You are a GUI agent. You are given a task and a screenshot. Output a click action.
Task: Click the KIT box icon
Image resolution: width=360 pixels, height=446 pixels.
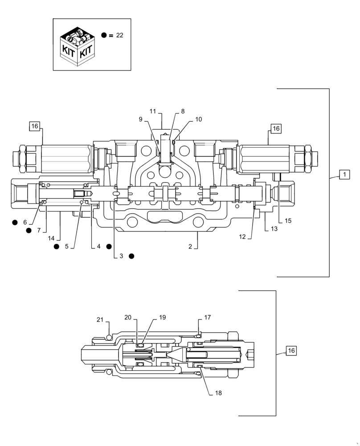point(78,45)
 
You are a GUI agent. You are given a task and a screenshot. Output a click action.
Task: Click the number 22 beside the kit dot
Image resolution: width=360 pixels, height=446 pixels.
point(119,35)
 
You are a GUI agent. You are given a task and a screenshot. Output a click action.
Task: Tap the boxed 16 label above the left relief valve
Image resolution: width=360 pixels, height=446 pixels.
point(35,127)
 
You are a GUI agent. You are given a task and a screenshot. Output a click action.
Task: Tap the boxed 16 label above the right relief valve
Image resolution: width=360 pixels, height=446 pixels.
point(276,128)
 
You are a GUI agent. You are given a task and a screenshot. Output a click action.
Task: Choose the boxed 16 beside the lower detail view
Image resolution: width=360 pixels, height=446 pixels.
point(291,351)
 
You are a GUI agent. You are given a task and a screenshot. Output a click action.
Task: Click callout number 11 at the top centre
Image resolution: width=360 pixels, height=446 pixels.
point(153,111)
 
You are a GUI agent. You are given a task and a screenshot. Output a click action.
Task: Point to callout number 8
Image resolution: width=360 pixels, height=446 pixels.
point(182,111)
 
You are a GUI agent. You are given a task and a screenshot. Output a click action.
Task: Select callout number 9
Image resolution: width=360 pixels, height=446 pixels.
point(140,119)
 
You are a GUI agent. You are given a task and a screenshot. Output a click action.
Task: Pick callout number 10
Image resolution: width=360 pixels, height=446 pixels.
point(198,119)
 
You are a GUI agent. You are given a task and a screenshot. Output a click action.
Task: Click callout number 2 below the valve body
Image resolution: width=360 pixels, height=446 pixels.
point(190,246)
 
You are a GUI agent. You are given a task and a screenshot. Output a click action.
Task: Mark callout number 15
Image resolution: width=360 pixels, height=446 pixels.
point(288,220)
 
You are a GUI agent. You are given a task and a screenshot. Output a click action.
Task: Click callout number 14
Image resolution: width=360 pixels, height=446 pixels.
point(52,238)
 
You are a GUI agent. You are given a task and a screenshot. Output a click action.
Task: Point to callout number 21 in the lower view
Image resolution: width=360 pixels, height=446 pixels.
point(100,319)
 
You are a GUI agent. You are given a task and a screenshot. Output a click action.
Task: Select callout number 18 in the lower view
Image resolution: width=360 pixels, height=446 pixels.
point(218,393)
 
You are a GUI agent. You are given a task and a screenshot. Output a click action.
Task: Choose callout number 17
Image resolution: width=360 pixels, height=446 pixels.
point(208,318)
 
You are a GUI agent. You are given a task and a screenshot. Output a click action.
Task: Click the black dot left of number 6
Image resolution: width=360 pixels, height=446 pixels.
point(15,222)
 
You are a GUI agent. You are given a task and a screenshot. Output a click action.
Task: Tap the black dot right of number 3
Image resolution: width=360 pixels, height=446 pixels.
point(131,256)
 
